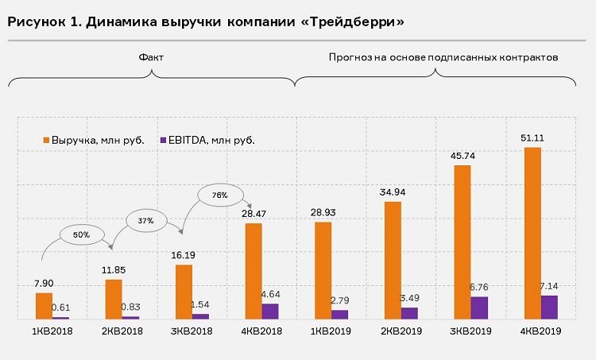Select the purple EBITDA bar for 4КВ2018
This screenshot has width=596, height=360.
point(270,311)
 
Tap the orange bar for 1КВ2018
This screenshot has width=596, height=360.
point(44,306)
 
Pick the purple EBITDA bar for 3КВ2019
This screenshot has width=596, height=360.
point(479,308)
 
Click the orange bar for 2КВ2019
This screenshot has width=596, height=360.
point(393,260)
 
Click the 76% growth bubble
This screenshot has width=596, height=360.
point(220,195)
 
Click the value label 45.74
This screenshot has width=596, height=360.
point(462,156)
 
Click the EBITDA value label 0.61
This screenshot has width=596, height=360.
point(62,308)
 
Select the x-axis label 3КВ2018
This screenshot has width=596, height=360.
point(192,331)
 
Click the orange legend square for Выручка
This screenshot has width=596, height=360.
point(46,140)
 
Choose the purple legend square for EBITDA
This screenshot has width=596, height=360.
point(163,140)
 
